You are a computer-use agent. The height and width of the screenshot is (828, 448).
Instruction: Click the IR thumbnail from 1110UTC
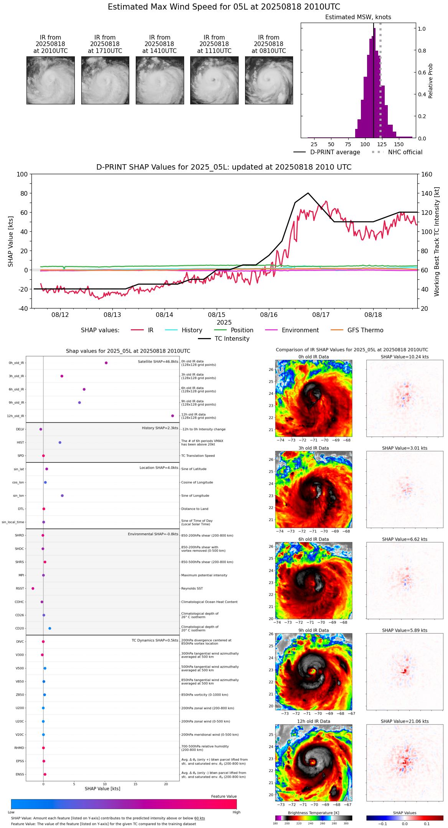coord(214,80)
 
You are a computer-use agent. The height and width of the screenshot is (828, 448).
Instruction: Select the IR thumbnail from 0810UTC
coord(269,80)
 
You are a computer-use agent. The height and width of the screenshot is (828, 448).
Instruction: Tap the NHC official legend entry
coord(405,152)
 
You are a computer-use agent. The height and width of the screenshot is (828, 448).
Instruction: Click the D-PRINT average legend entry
coord(335,152)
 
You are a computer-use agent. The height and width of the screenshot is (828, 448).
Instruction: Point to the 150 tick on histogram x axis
coord(399,144)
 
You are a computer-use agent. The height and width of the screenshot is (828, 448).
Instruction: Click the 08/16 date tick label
coord(269,315)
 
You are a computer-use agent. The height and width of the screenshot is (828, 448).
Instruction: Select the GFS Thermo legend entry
coord(365,330)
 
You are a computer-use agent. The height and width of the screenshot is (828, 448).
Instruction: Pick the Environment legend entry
coord(300,330)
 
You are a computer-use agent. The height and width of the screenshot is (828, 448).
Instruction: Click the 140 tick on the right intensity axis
coord(427,193)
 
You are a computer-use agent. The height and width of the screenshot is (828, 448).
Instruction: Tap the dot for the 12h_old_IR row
coord(173,416)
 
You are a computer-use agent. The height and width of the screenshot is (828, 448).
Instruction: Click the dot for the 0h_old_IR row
coord(106,363)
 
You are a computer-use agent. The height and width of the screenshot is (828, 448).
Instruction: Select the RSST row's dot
coord(33,589)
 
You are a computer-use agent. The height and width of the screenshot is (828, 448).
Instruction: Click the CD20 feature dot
coord(50,628)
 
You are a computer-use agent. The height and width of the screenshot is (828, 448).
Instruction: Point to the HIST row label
coord(20,443)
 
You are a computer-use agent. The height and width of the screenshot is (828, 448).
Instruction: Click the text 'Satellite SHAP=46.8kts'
coord(158,362)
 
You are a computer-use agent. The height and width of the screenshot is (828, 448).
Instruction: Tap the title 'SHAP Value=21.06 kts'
coord(405,721)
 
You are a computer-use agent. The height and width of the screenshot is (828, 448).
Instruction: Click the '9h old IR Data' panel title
coord(313,630)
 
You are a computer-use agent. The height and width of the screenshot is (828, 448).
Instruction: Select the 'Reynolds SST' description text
coord(192,589)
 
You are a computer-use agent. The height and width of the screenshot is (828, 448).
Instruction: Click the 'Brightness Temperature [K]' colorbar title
coord(313,813)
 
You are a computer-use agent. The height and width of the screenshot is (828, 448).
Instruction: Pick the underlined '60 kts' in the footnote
coord(199,818)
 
